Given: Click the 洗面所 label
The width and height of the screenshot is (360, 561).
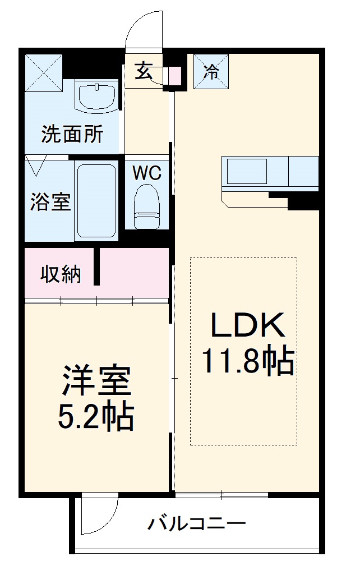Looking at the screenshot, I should [72, 135].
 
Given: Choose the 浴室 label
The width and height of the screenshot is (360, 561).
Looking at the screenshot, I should [50, 202].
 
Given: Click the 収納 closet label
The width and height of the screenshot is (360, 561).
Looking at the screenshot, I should [61, 274].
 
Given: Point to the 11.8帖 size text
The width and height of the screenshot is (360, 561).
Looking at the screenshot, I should [247, 361].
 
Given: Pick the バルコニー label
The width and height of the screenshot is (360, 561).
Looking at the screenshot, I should [197, 525].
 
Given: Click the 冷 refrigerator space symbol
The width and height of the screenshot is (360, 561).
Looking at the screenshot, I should [211, 71].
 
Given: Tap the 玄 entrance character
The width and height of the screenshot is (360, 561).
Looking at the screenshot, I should [144, 71].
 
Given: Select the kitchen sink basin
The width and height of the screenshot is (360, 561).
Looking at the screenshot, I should [246, 171].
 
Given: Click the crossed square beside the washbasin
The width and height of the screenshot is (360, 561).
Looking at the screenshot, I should [44, 71].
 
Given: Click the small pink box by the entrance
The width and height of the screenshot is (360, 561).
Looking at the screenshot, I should [175, 75].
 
